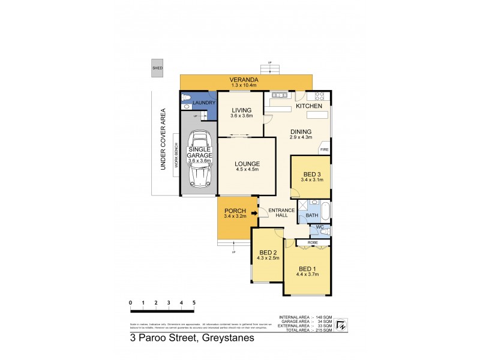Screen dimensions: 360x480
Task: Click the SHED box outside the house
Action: [x=158, y=68]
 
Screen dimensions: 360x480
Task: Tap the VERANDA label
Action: [x=246, y=79]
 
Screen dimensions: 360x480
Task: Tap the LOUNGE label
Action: [x=247, y=164]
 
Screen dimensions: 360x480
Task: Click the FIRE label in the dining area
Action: [x=324, y=149]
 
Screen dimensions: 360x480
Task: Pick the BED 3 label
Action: [x=310, y=173]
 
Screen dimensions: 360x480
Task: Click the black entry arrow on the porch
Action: [x=254, y=212]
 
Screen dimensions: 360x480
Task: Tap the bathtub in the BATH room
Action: [x=325, y=212]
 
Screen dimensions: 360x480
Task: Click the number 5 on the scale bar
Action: [x=194, y=303]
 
